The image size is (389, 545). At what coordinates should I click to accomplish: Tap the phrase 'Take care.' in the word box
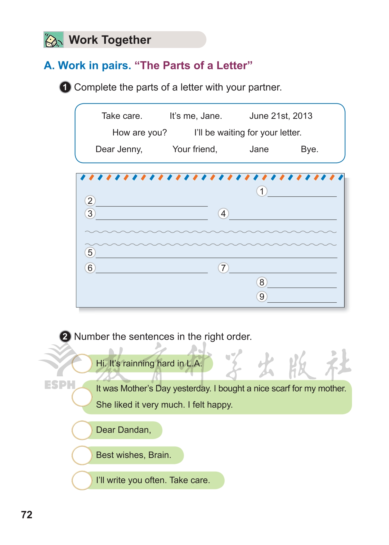[x=122, y=116]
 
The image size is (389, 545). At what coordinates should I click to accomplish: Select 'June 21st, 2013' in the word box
[x=281, y=116]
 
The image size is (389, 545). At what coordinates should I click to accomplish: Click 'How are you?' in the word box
[x=140, y=133]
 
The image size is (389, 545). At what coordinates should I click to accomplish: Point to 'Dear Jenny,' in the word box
[x=119, y=149]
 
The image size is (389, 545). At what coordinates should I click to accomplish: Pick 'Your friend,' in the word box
[x=195, y=149]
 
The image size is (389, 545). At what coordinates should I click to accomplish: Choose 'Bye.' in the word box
[x=309, y=149]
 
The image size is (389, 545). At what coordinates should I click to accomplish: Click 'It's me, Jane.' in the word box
[x=196, y=116]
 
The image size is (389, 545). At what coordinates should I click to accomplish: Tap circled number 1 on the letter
[x=262, y=191]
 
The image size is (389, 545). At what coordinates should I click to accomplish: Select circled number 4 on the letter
[x=223, y=213]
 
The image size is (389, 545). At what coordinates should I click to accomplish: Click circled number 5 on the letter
[x=90, y=252]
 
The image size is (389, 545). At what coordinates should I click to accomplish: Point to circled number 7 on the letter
[x=223, y=268]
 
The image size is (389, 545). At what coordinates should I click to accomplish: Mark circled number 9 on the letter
[x=262, y=296]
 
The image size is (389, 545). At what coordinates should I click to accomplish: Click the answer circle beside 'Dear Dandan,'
[x=82, y=430]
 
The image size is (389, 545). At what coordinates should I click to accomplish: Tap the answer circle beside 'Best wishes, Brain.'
[x=82, y=455]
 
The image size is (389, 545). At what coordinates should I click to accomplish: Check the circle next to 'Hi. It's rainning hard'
[x=82, y=363]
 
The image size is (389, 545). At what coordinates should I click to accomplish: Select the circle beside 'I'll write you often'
[x=82, y=480]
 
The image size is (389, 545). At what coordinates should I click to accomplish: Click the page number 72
[x=27, y=515]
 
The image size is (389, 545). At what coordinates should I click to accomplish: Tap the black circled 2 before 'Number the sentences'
[x=65, y=336]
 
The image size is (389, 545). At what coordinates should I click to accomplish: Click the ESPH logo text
[x=60, y=385]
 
